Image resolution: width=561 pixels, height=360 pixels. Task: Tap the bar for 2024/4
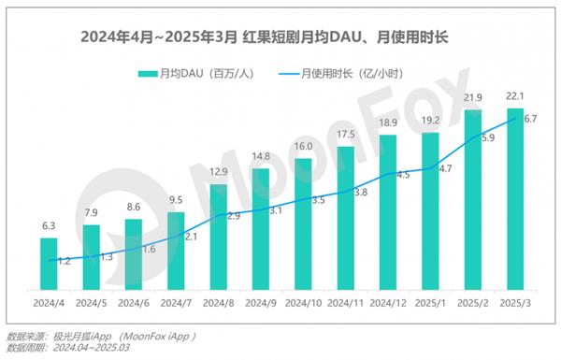click(x=49, y=265)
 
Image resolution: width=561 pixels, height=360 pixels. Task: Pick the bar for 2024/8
click(x=218, y=238)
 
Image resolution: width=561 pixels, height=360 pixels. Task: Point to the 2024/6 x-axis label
click(x=133, y=303)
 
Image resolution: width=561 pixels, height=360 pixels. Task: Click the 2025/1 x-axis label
click(x=430, y=303)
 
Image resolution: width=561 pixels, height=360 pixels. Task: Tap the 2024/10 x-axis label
click(x=303, y=303)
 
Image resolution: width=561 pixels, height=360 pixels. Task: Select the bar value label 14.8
click(x=261, y=156)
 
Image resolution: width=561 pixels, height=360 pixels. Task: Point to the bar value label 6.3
click(x=49, y=225)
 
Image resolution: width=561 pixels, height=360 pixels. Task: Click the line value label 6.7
click(x=530, y=119)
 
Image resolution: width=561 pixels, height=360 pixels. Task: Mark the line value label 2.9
click(x=233, y=216)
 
